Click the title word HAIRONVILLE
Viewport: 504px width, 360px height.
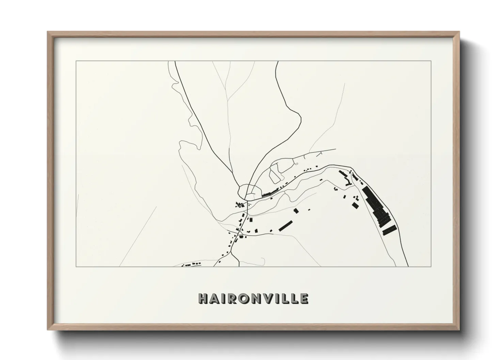pos(254,298)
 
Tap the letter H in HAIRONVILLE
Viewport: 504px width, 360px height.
pos(203,298)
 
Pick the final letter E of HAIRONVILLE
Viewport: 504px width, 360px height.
pos(304,298)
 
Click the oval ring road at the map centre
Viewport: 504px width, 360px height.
pos(250,191)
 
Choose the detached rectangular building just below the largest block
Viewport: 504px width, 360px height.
pos(389,230)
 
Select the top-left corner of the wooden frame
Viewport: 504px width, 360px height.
pos(48,32)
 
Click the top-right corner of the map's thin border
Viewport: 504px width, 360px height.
pos(431,61)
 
